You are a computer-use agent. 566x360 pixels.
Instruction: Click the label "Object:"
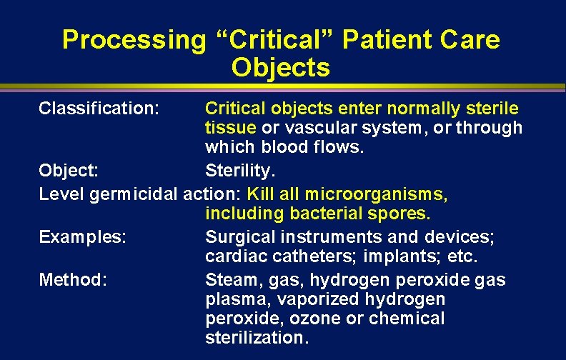point(69,171)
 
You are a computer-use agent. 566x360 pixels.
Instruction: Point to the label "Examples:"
point(83,236)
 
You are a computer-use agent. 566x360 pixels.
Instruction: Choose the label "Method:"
point(73,279)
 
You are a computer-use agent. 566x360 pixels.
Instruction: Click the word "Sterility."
point(239,171)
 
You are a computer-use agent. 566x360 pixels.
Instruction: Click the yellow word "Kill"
point(262,194)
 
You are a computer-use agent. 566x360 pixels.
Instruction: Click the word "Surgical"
point(234,236)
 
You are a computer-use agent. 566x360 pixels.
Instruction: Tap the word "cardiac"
point(229,255)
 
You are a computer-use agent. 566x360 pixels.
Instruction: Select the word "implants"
point(394,255)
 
